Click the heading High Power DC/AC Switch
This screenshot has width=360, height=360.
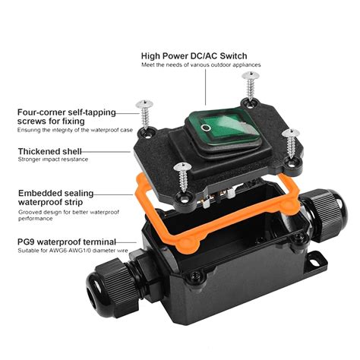[x=204, y=55]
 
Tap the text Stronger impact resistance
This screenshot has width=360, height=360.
[x=53, y=160]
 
